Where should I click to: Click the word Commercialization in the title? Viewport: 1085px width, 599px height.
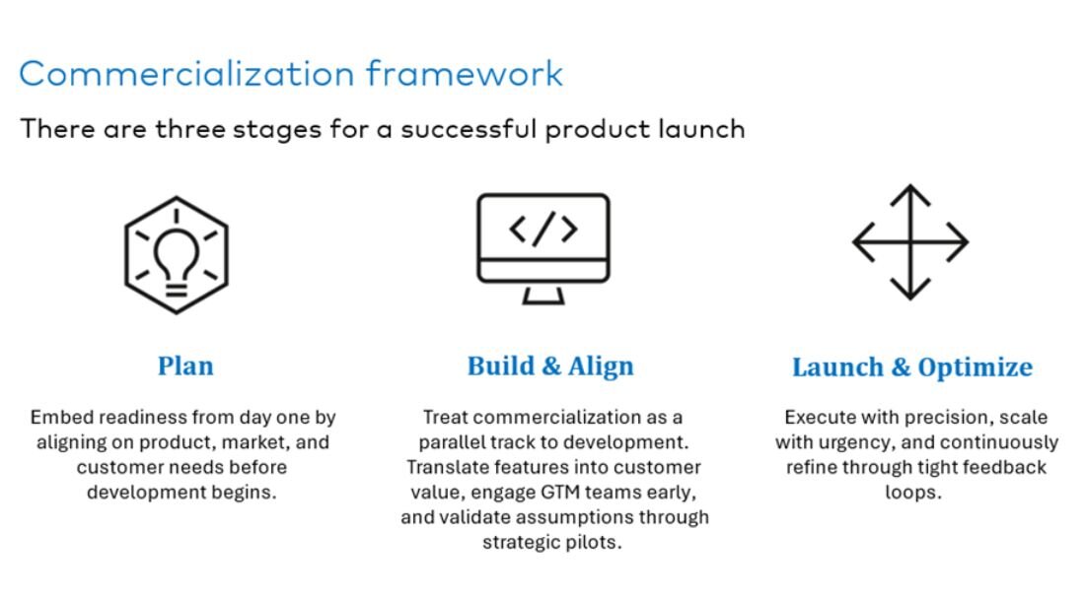(186, 74)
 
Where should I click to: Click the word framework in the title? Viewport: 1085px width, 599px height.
(465, 73)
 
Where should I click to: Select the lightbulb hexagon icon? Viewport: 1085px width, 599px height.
(176, 255)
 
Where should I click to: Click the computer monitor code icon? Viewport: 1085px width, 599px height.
(543, 248)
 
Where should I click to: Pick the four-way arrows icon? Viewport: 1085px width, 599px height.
(910, 241)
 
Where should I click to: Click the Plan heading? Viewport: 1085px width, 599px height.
(185, 366)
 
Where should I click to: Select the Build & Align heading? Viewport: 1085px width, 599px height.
(550, 366)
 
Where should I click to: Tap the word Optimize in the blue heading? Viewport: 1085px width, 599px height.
(975, 367)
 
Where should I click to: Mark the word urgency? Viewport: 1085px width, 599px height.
(859, 442)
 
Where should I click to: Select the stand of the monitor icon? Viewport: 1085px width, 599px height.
(543, 295)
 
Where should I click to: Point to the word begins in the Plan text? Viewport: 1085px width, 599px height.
(250, 493)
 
